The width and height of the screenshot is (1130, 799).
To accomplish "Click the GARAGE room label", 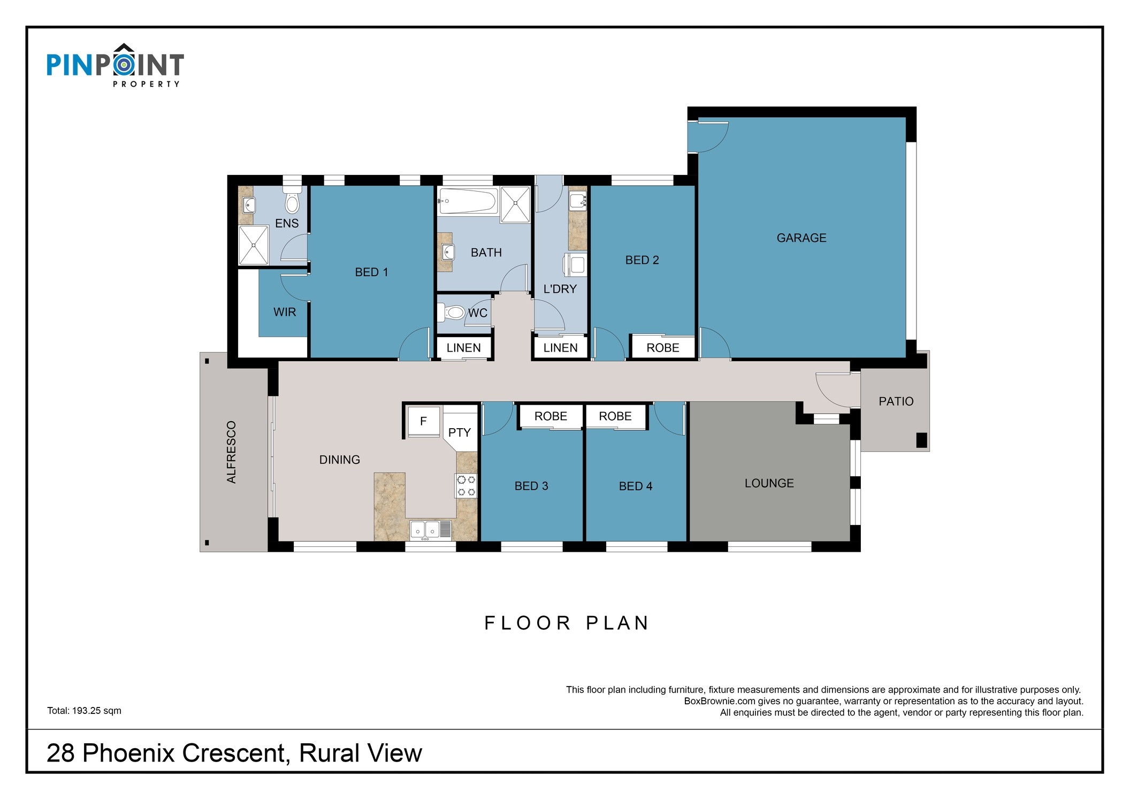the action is [x=801, y=238].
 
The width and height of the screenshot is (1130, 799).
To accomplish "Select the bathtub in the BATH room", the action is [x=467, y=200].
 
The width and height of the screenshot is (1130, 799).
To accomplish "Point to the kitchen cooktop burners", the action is [x=466, y=485].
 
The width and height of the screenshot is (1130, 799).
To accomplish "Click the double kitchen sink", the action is [x=431, y=529].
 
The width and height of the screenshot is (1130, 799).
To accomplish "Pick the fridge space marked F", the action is [x=424, y=421].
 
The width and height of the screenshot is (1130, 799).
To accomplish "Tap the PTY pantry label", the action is [x=460, y=432].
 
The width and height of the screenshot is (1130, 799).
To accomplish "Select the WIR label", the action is [x=285, y=312].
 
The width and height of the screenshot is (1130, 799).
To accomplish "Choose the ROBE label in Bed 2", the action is [x=663, y=348].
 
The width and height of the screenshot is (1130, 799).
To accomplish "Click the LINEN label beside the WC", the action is [x=463, y=348].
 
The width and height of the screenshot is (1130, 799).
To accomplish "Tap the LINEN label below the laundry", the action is [x=560, y=348].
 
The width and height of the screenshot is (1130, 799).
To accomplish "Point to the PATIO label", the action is [x=896, y=401].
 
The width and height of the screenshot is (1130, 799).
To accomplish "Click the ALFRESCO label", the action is [x=231, y=452].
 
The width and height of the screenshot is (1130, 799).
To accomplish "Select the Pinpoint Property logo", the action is [x=115, y=65].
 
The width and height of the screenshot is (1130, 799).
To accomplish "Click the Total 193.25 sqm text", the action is [x=84, y=711].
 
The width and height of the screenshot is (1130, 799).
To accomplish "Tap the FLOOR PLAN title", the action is [x=567, y=623].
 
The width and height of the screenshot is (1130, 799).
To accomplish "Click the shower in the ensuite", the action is [x=254, y=245].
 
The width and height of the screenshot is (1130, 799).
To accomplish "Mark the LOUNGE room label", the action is [x=769, y=483].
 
